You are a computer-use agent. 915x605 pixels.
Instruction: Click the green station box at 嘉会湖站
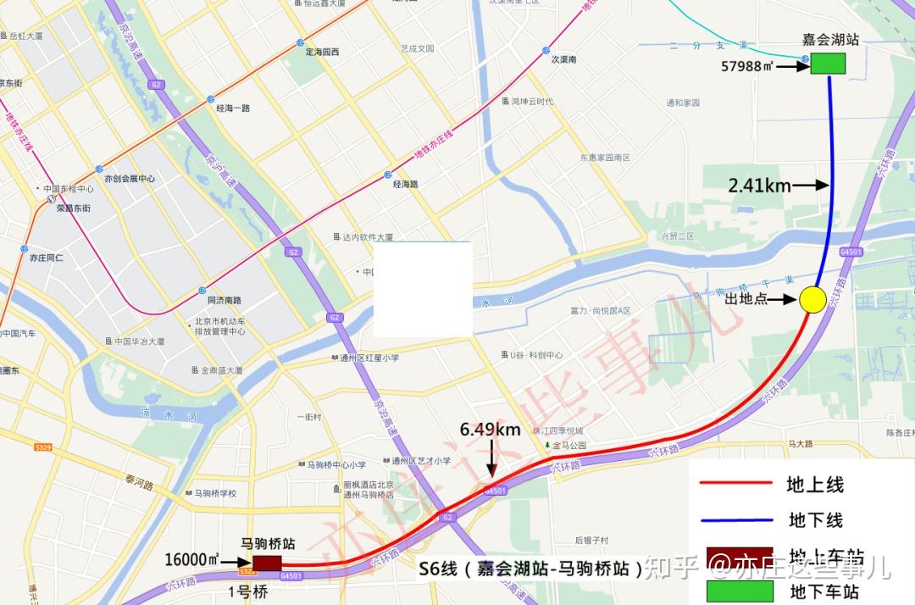(828, 64)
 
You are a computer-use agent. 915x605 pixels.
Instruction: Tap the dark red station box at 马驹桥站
(267, 563)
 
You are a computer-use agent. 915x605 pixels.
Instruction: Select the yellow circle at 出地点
(812, 299)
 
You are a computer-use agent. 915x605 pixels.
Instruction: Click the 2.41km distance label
(759, 186)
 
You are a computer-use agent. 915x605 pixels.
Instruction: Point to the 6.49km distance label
(491, 430)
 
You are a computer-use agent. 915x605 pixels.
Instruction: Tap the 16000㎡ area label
(191, 560)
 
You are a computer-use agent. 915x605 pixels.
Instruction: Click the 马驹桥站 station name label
(268, 543)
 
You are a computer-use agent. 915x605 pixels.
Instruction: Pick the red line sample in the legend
(735, 484)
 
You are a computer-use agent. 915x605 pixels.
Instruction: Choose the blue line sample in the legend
(735, 519)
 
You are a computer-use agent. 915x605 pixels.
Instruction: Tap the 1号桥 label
(249, 591)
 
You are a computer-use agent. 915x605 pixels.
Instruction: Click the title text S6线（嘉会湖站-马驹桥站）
(531, 568)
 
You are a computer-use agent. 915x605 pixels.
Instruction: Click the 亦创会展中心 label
(129, 179)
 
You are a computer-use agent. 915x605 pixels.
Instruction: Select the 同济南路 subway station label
(225, 300)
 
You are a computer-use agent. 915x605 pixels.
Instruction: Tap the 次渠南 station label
(563, 59)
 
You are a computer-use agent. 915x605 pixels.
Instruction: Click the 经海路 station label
(406, 184)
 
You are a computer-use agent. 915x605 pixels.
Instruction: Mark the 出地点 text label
(746, 299)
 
